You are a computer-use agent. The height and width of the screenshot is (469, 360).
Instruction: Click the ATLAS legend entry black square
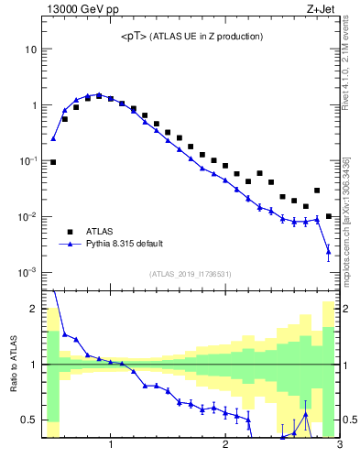tap(66, 232)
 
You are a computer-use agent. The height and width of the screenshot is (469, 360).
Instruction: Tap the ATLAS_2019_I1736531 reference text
tap(191, 274)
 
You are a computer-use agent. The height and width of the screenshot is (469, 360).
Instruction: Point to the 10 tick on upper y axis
tap(30, 49)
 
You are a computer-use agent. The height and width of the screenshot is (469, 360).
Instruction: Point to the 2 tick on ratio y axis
tap(32, 309)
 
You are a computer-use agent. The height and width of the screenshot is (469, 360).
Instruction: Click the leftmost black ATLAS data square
tap(53, 162)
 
